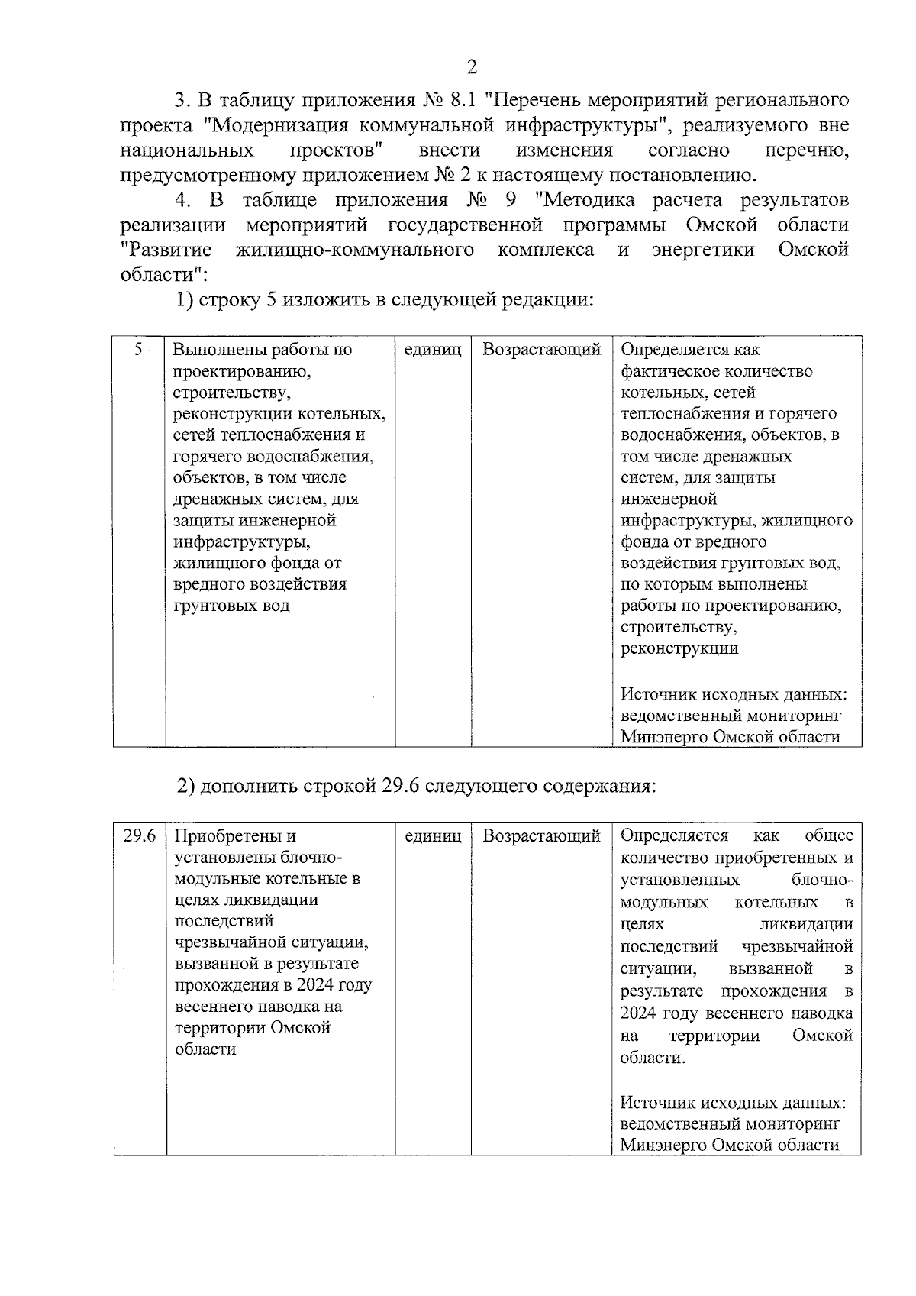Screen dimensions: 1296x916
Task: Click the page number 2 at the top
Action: click(471, 67)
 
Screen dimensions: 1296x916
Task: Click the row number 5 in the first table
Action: click(138, 350)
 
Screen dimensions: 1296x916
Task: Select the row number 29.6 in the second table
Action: click(140, 836)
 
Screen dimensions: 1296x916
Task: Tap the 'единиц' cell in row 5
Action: click(433, 350)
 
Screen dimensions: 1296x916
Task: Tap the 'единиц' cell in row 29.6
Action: click(433, 836)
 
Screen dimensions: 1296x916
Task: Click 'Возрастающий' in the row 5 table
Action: click(541, 350)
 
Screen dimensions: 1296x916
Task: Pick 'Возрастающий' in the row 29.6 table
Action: click(541, 836)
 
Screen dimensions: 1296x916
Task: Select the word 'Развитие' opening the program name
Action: click(166, 250)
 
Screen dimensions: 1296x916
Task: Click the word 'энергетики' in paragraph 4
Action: click(703, 250)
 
